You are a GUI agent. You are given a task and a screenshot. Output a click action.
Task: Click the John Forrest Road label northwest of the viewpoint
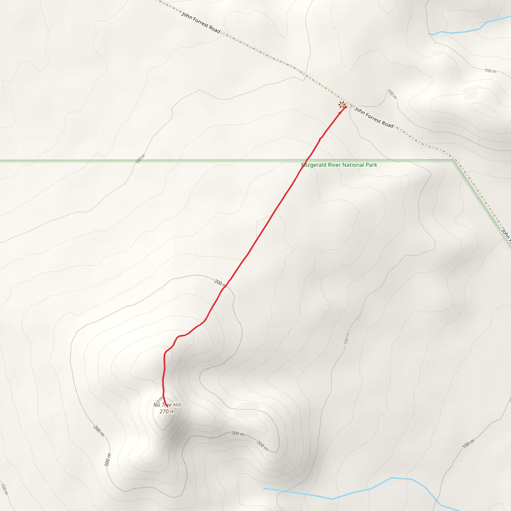click(x=201, y=22)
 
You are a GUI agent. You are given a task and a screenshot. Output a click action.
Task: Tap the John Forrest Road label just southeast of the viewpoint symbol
click(x=374, y=117)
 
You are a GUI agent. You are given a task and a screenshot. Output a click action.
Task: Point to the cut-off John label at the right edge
click(x=506, y=234)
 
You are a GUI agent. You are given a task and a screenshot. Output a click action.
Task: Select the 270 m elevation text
click(x=167, y=411)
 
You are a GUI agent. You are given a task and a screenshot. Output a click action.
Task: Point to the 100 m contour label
click(x=468, y=444)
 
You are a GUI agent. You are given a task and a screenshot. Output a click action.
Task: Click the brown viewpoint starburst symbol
click(x=342, y=105)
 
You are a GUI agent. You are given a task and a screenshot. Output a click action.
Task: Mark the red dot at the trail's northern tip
click(x=345, y=107)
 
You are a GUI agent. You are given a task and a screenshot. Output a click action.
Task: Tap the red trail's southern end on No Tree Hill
click(x=167, y=406)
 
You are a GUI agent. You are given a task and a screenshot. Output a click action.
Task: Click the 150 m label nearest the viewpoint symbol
click(x=392, y=94)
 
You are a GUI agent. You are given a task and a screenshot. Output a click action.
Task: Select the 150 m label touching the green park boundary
click(x=140, y=159)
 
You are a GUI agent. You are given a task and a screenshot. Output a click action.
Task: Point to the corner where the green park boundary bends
click(x=453, y=160)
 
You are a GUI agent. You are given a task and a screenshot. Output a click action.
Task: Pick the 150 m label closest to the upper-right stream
click(x=490, y=71)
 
